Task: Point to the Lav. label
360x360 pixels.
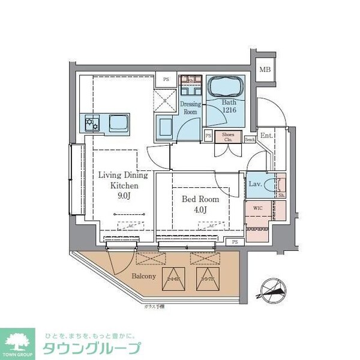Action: coord(254,184)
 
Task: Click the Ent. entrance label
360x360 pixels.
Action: coord(266,136)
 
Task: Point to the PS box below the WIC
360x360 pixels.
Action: coord(235,241)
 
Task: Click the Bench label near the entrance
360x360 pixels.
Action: coord(250,140)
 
